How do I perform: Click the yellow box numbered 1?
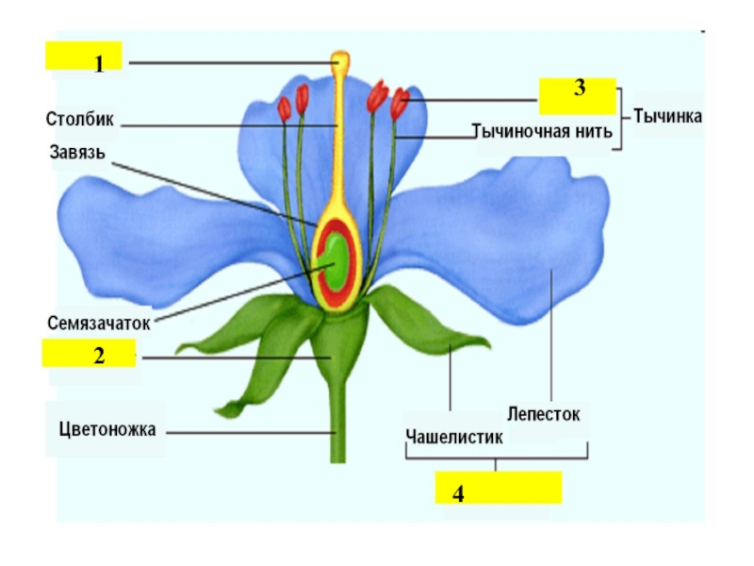click(84, 58)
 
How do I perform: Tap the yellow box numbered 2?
click(89, 356)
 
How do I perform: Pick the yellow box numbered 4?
click(498, 489)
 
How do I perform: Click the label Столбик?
click(79, 120)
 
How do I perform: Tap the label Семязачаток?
click(99, 322)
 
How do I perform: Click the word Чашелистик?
click(453, 436)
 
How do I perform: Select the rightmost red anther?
click(400, 103)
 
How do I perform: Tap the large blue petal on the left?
click(160, 236)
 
